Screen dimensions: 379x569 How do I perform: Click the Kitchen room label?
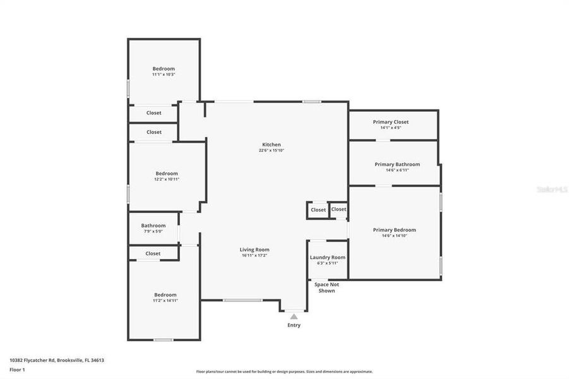[272, 145]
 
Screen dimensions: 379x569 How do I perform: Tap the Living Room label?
[255, 250]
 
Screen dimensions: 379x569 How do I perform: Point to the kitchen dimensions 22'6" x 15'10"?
[272, 150]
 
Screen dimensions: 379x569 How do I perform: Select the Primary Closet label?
[390, 122]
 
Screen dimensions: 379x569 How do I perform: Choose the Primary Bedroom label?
[394, 230]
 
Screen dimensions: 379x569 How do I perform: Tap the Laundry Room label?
[327, 257]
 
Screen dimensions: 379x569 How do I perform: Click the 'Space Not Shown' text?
[326, 287]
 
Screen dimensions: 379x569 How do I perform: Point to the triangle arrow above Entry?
[294, 317]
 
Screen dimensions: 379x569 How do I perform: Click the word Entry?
[294, 325]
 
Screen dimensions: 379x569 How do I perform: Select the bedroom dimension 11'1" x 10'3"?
[164, 75]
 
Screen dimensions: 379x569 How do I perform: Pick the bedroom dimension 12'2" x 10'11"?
[167, 179]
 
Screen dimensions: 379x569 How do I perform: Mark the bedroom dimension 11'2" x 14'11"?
[165, 301]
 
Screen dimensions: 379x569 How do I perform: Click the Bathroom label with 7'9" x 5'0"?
[153, 226]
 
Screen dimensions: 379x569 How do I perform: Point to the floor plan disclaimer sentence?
[284, 371]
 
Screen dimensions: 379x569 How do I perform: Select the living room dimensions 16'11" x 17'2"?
[255, 256]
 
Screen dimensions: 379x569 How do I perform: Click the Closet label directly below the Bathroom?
[153, 253]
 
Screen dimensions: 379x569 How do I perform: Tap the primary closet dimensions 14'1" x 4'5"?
[390, 128]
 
